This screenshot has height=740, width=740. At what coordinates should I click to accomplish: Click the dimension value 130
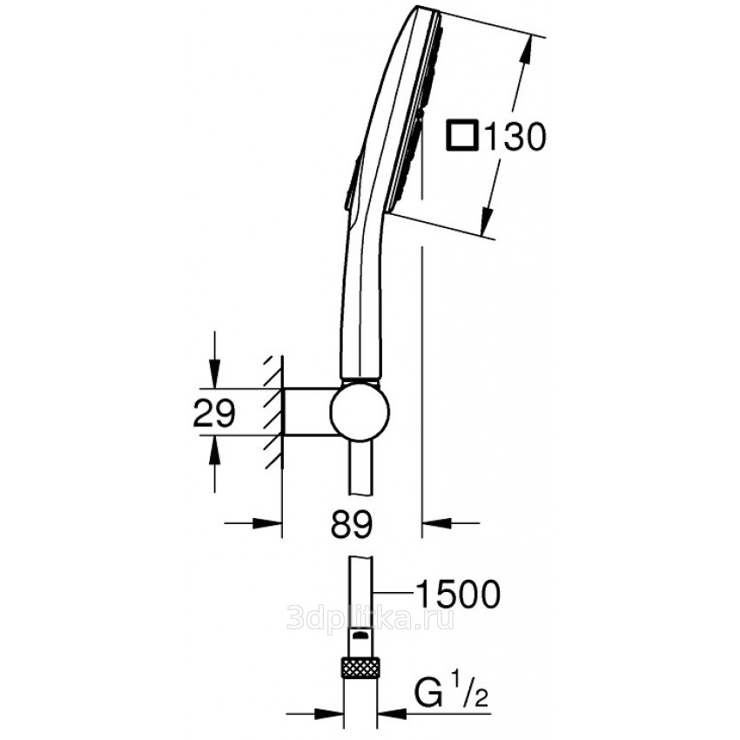[x=515, y=137]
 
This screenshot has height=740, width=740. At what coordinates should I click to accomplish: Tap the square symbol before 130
[x=462, y=137]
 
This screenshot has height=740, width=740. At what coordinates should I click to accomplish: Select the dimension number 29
[x=214, y=413]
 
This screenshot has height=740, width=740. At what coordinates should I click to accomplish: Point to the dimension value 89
[x=352, y=523]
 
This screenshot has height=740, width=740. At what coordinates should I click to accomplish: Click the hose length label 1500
[x=458, y=594]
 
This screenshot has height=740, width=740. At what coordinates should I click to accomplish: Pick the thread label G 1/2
[x=452, y=693]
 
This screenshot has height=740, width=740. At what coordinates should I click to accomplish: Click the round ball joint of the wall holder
[x=360, y=410]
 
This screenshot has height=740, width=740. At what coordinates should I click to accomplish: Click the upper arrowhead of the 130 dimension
[x=528, y=48]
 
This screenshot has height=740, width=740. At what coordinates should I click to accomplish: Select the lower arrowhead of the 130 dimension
[x=487, y=222]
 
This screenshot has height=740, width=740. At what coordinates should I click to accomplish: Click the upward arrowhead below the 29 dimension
[x=215, y=449]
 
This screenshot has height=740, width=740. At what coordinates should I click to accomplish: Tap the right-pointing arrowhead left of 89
[x=267, y=523]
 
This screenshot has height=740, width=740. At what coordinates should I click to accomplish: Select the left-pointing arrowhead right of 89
[x=436, y=523]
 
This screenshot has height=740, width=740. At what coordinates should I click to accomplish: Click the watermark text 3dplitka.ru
[x=371, y=617]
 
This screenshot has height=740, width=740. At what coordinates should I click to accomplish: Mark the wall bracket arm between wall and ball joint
[x=306, y=411]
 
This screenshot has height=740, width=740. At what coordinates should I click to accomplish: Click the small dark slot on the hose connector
[x=360, y=635]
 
